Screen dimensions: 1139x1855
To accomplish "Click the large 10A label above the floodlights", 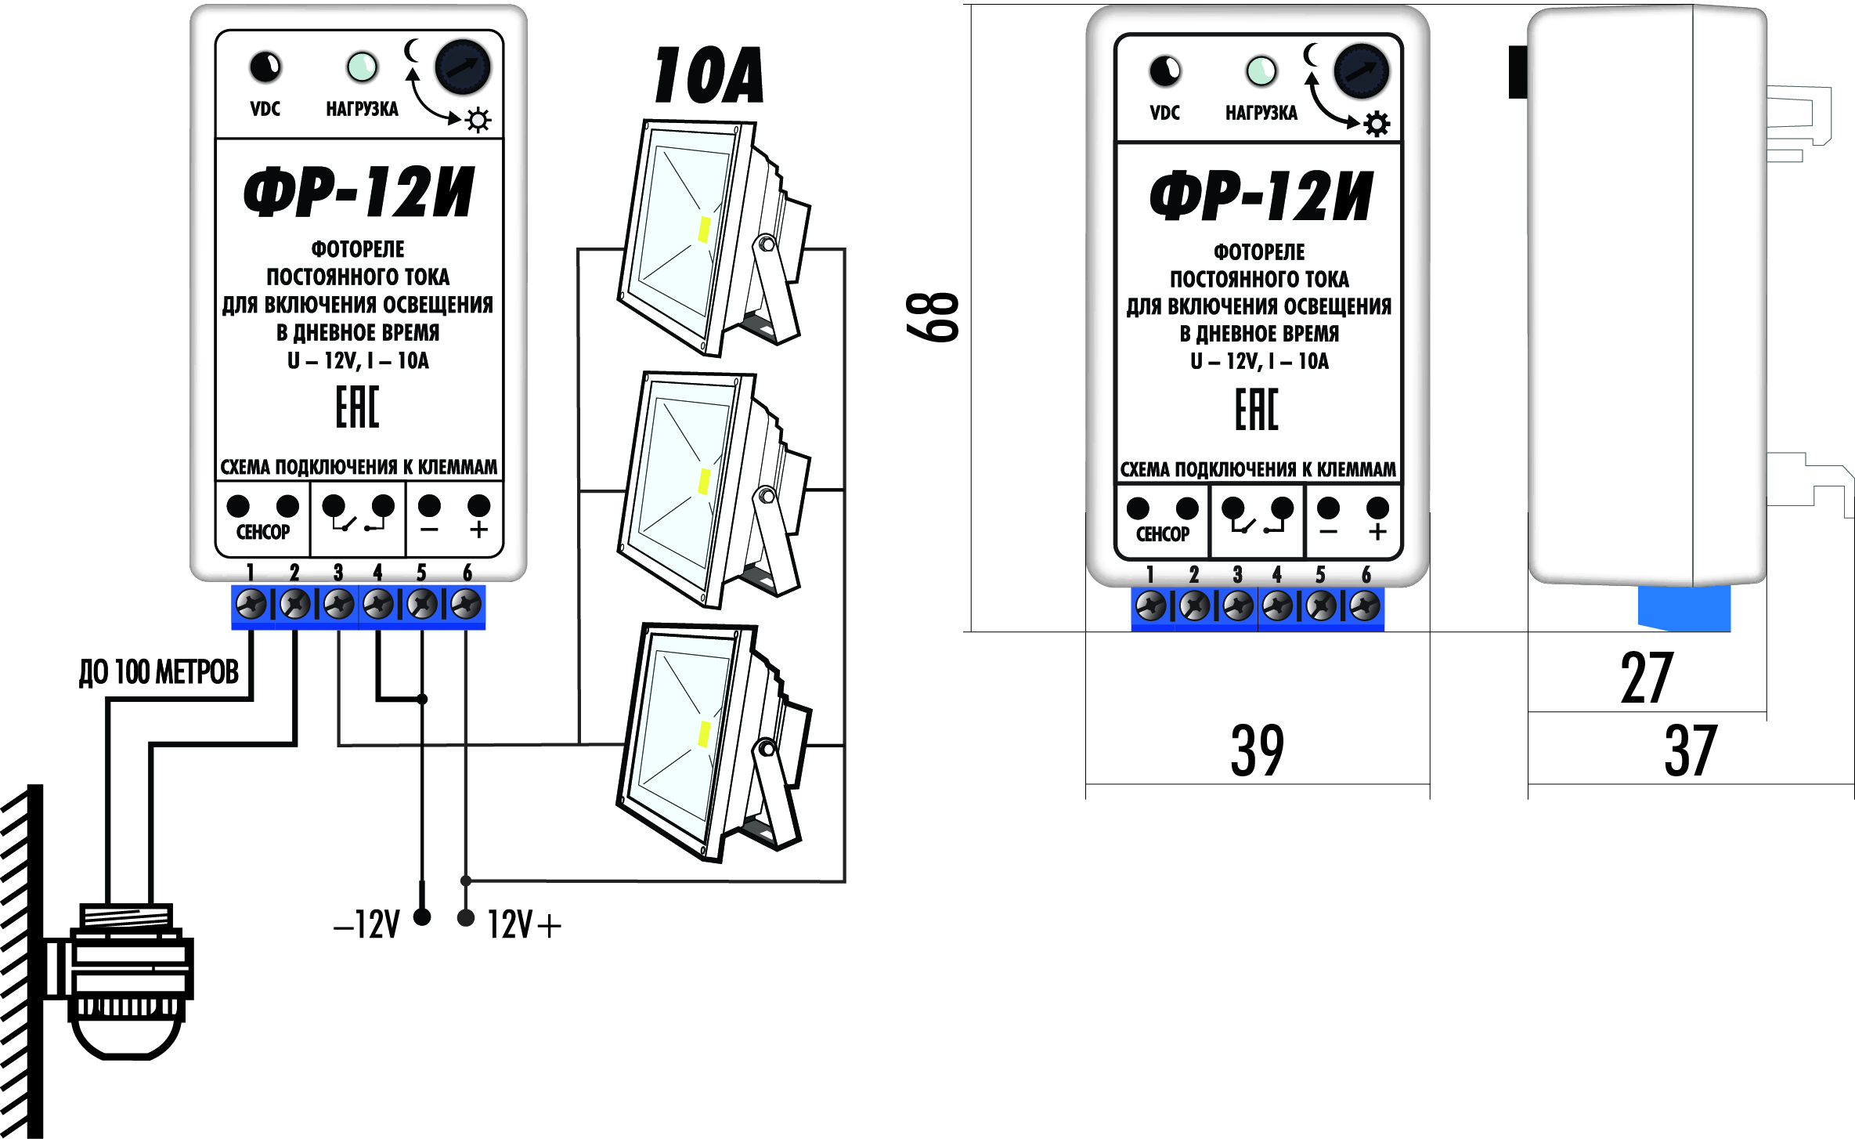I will pos(709,75).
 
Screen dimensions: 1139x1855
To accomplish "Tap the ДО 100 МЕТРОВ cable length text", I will pos(159,672).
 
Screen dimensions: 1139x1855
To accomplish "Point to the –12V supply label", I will pos(366,925).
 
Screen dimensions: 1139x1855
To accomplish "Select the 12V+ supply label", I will pos(524,925).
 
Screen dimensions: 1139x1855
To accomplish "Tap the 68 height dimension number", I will pos(933,317).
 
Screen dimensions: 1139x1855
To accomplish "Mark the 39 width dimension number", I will pos(1257,751).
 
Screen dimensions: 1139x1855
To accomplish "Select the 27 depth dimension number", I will pos(1646,678).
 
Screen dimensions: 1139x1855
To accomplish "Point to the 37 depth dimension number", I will pos(1691,751).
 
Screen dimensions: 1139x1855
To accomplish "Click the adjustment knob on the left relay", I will pos(463,67).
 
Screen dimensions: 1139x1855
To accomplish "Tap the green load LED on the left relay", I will pos(362,67).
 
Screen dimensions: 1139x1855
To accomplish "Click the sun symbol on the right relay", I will pos(1377,124).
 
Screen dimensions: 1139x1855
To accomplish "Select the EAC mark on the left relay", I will pos(358,407).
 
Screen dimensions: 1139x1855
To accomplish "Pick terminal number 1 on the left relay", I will pos(251,604).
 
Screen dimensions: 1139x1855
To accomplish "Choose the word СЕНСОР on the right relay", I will pos(1163,534).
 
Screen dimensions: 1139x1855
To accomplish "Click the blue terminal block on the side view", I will pos(1684,608).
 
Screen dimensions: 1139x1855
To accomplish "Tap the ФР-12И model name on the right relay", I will pos(1261,196).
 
